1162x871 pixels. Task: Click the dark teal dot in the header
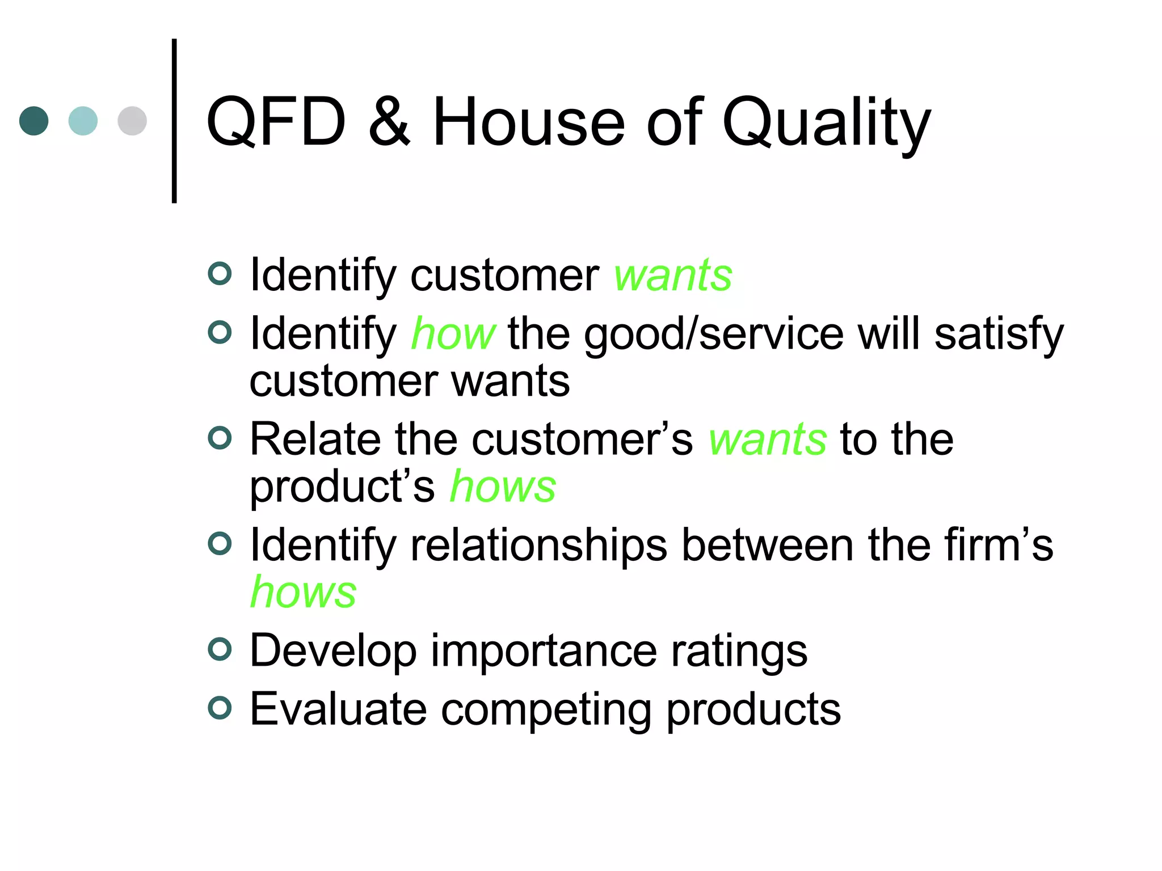pyautogui.click(x=34, y=121)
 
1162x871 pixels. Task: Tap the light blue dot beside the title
pyautogui.click(x=83, y=121)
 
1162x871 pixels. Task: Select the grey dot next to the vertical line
pyautogui.click(x=132, y=121)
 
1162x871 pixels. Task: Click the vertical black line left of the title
pyautogui.click(x=174, y=121)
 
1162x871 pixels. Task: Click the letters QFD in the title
pyautogui.click(x=276, y=122)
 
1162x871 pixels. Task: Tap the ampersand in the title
pyautogui.click(x=389, y=122)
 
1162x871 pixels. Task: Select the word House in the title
pyautogui.click(x=528, y=122)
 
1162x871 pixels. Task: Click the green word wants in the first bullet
pyautogui.click(x=673, y=276)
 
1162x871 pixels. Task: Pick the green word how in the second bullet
pyautogui.click(x=453, y=334)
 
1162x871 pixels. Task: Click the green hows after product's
pyautogui.click(x=503, y=487)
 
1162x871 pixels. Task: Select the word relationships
pyautogui.click(x=538, y=546)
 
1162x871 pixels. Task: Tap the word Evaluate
pyautogui.click(x=338, y=709)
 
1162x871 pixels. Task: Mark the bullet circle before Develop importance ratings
pyautogui.click(x=220, y=649)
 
